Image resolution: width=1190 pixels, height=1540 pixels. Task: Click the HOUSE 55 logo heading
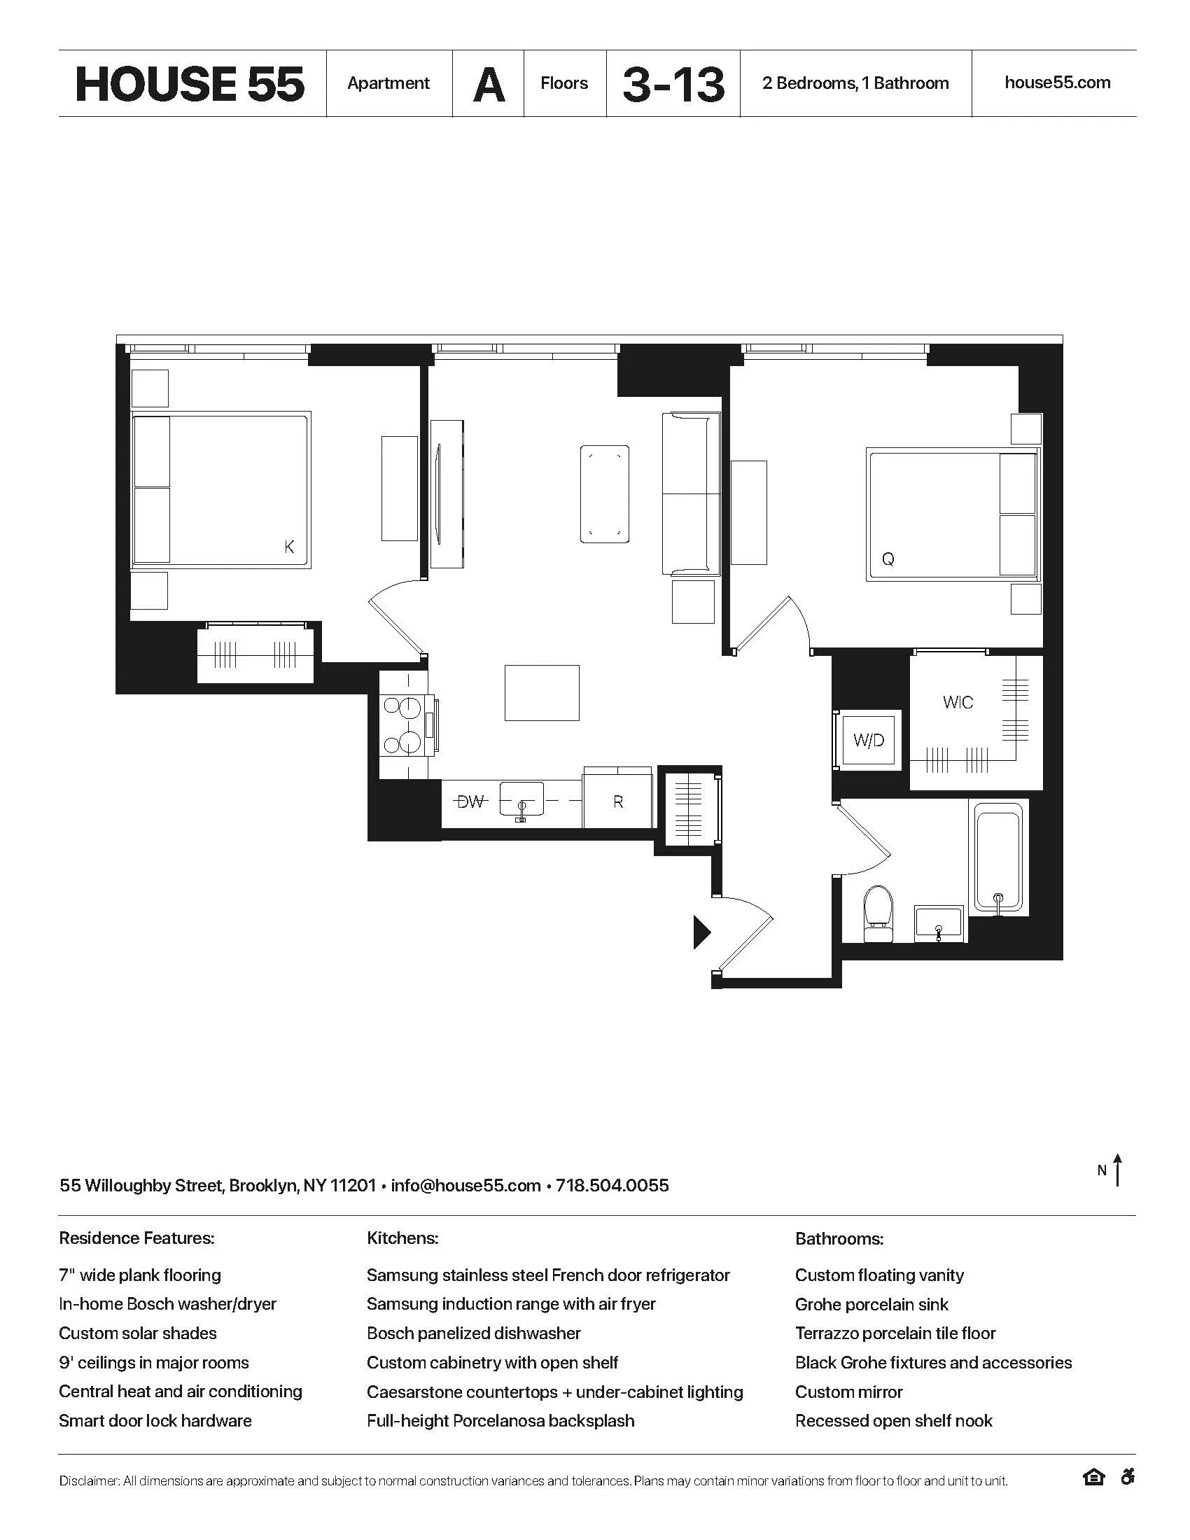pyautogui.click(x=190, y=84)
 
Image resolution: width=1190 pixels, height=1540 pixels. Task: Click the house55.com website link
pyautogui.click(x=1057, y=83)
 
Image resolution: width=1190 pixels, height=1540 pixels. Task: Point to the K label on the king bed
pyautogui.click(x=289, y=547)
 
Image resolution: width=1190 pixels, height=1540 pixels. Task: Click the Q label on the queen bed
pyautogui.click(x=888, y=560)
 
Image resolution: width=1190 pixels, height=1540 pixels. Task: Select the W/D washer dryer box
pyautogui.click(x=868, y=741)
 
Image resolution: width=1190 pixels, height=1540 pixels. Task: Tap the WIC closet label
pyautogui.click(x=958, y=702)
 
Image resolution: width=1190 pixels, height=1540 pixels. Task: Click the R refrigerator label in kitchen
pyautogui.click(x=618, y=801)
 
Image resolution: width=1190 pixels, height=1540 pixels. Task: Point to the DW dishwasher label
pyautogui.click(x=471, y=801)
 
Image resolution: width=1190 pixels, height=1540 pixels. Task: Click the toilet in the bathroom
pyautogui.click(x=878, y=913)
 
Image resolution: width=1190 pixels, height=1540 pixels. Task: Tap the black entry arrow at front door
pyautogui.click(x=701, y=932)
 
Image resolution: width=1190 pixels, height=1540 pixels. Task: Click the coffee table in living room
pyautogui.click(x=604, y=493)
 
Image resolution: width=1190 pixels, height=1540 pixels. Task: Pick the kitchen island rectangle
pyautogui.click(x=541, y=692)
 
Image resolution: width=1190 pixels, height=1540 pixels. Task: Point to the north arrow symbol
pyautogui.click(x=1116, y=1170)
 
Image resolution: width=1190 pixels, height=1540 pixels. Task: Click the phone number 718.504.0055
pyautogui.click(x=612, y=1185)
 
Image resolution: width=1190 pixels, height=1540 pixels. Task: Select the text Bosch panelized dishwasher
pyautogui.click(x=473, y=1333)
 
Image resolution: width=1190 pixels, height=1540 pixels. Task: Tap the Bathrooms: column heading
pyautogui.click(x=839, y=1239)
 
